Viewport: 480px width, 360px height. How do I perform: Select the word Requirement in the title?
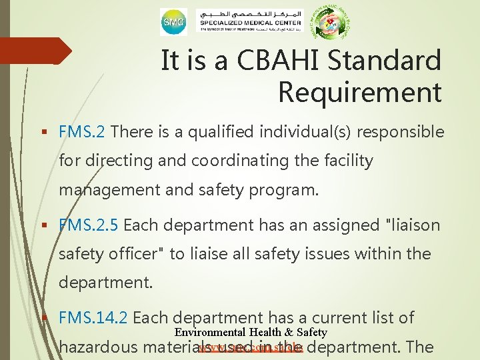tap(359, 92)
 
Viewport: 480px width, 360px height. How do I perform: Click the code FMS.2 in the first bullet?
tap(81, 132)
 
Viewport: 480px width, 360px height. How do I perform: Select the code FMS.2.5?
tap(89, 225)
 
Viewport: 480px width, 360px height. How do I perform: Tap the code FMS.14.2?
tap(93, 318)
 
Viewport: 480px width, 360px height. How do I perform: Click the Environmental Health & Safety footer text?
tap(251, 332)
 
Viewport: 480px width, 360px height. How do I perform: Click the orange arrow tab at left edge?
tap(37, 51)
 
